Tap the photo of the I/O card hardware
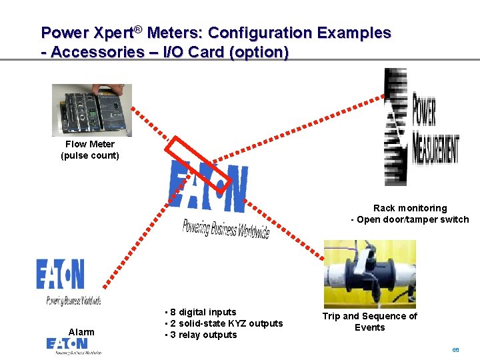(x=92, y=110)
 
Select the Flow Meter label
(x=90, y=144)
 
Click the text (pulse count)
(x=90, y=155)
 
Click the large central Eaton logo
(x=209, y=187)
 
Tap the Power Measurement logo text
(x=435, y=131)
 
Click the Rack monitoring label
(x=410, y=208)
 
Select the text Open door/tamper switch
(x=413, y=219)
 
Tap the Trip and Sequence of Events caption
(x=370, y=321)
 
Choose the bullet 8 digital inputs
(x=202, y=312)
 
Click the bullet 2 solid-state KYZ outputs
(x=225, y=323)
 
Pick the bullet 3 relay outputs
(x=202, y=335)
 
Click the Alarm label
(x=81, y=332)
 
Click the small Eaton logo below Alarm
(x=73, y=345)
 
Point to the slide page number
(x=456, y=349)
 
